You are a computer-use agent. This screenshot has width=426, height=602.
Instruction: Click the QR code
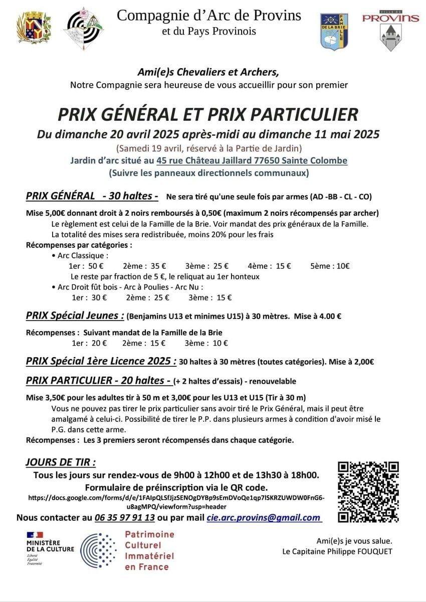click(368, 491)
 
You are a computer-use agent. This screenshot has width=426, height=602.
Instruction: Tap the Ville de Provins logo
click(390, 32)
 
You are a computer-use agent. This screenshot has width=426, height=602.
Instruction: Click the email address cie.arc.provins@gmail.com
click(264, 518)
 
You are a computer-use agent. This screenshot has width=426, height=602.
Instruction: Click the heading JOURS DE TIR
click(60, 462)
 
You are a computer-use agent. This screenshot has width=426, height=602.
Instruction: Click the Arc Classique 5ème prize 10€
click(330, 266)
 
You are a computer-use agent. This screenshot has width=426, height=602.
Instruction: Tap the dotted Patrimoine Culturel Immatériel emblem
click(99, 550)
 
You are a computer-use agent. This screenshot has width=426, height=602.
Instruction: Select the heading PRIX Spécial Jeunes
click(75, 316)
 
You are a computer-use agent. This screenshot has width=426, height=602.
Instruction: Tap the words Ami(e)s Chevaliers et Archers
click(209, 72)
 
